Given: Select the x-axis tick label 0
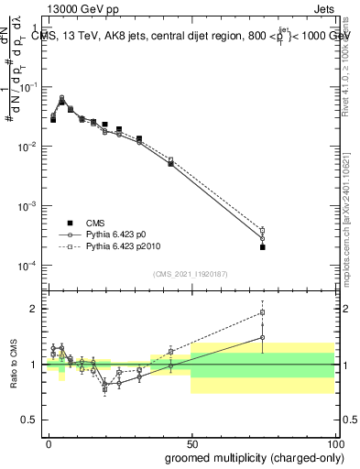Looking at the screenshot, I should coord(49,442).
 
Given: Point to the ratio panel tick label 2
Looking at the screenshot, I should coord(34,309).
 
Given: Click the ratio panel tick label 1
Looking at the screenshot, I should coord(34,365).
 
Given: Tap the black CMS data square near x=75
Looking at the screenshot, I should coord(262,247).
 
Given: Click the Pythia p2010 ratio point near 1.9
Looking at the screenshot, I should coord(262,312).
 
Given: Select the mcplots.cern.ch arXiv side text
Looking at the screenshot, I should coord(353,211).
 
